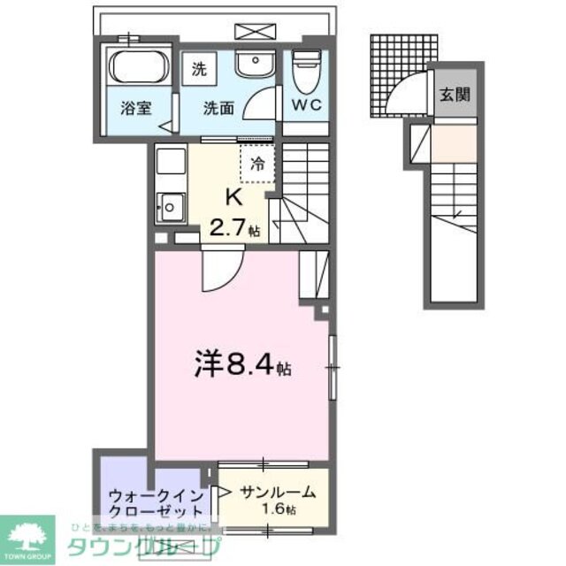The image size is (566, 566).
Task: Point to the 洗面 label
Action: coord(218,110)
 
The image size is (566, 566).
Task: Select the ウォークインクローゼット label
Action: coord(156,503)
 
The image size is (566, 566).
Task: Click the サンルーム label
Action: coord(268,494)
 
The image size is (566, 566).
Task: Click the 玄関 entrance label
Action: coord(456,94)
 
